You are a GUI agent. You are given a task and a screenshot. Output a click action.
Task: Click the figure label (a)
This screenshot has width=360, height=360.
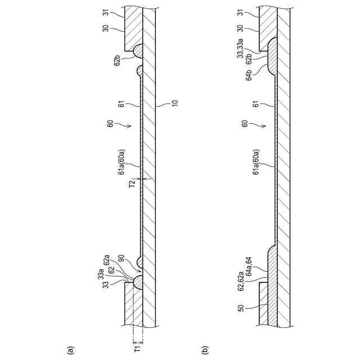click(71, 349)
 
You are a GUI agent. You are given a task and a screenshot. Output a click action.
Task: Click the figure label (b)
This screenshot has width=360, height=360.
click(204, 349)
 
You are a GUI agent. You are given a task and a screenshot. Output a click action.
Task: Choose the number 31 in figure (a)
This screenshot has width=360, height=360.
click(121, 12)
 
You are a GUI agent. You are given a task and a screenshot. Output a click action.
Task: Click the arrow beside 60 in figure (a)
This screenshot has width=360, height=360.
click(129, 127)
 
